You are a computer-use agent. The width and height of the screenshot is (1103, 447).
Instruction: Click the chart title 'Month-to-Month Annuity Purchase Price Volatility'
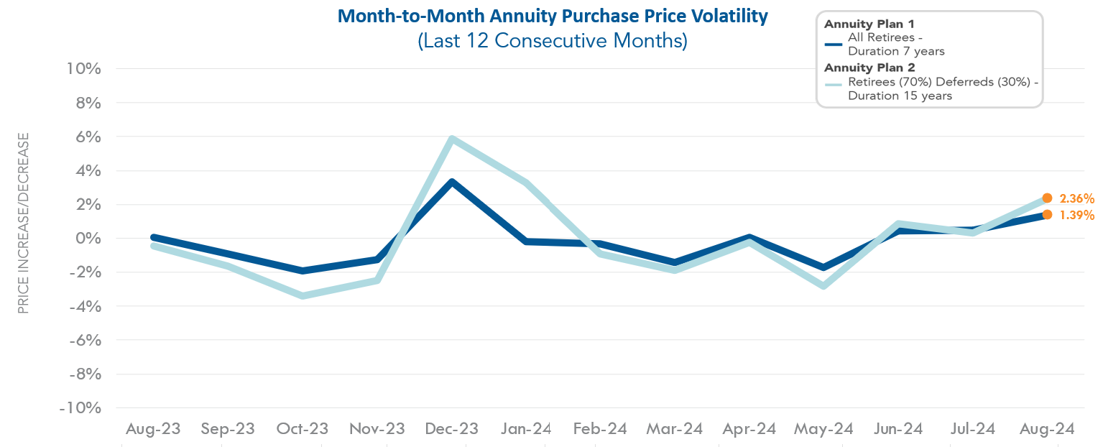(x=552, y=15)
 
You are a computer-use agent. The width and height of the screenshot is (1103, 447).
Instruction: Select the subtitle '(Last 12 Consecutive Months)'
(x=552, y=41)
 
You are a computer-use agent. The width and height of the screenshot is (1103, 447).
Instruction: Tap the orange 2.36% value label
(x=1076, y=198)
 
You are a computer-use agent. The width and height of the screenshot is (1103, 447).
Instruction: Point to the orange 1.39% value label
(x=1076, y=215)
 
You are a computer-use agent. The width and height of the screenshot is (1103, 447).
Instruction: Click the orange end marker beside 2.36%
(x=1047, y=198)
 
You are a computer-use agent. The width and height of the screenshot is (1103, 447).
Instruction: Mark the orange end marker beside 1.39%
(x=1047, y=214)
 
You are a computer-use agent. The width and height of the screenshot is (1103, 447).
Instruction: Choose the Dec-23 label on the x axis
(x=451, y=429)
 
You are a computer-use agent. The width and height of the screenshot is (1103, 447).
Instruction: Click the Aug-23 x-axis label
(x=153, y=429)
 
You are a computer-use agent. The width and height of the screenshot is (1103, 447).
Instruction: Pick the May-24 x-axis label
(x=823, y=429)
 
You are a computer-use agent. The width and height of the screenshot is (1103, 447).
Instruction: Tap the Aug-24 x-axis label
(x=1046, y=429)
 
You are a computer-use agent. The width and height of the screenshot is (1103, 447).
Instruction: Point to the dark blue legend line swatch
(x=834, y=44)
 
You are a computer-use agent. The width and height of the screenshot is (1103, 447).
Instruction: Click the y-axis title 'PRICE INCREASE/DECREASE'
(x=24, y=223)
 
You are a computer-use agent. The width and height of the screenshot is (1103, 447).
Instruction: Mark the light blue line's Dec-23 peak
(x=451, y=139)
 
